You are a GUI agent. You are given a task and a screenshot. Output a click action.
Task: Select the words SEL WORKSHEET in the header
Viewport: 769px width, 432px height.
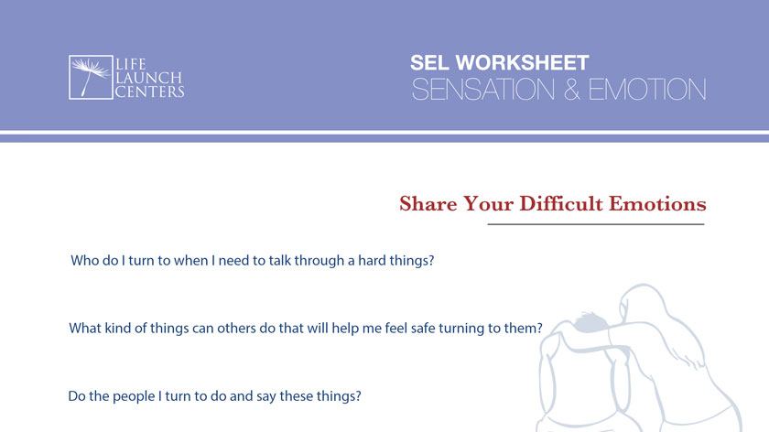pos(499,63)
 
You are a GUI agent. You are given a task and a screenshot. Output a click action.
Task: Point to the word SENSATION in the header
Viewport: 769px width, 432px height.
pos(482,90)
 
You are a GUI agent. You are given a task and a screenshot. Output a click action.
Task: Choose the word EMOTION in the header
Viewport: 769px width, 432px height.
pos(648,90)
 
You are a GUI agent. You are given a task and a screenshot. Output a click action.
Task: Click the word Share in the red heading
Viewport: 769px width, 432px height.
pos(428,203)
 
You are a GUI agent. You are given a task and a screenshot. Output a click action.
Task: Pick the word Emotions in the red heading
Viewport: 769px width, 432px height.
pos(659,203)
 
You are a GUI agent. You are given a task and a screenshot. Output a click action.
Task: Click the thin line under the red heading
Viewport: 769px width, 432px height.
pos(596,223)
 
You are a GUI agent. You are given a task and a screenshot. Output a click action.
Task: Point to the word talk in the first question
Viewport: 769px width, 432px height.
pos(279,260)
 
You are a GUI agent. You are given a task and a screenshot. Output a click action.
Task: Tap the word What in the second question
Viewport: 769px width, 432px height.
pos(86,328)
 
